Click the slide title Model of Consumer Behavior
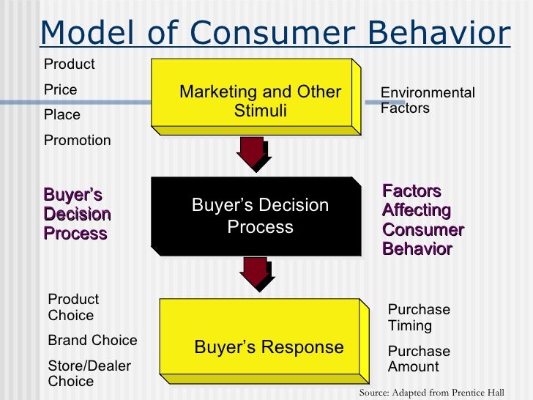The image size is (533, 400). pyautogui.click(x=275, y=32)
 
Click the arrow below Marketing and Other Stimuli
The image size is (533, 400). pyautogui.click(x=253, y=152)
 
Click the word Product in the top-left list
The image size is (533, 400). pyautogui.click(x=70, y=64)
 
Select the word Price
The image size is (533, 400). pyautogui.click(x=61, y=90)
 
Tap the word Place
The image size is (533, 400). pyautogui.click(x=62, y=115)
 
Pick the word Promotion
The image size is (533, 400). pyautogui.click(x=78, y=141)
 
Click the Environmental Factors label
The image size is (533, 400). pyautogui.click(x=428, y=101)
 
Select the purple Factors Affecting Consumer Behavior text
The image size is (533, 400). pyautogui.click(x=422, y=220)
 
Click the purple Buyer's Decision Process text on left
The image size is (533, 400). pyautogui.click(x=77, y=215)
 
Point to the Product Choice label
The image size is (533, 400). pyautogui.click(x=73, y=308)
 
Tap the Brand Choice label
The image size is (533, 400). pyautogui.click(x=92, y=341)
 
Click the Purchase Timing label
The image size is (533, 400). pyautogui.click(x=419, y=318)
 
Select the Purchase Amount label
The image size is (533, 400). pyautogui.click(x=419, y=359)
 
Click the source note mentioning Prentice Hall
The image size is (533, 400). pyautogui.click(x=431, y=393)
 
